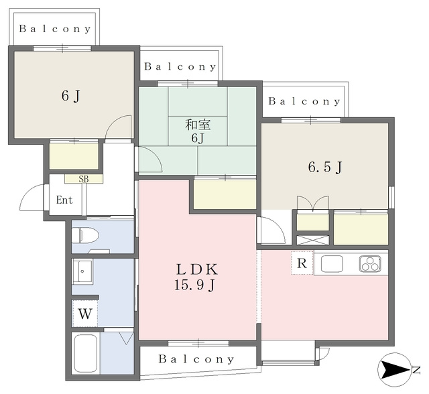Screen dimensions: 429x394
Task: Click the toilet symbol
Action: tap(86, 235)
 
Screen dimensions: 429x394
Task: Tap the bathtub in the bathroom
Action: tap(86, 354)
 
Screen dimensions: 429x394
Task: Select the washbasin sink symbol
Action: tap(82, 271)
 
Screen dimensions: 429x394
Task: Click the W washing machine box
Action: tap(85, 314)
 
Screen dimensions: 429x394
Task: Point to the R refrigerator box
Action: tap(302, 263)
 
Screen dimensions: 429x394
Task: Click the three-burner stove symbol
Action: tap(370, 264)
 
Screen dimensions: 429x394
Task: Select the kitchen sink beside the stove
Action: tap(332, 264)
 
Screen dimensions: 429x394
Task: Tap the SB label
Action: tap(84, 179)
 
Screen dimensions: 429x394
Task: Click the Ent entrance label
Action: tap(64, 200)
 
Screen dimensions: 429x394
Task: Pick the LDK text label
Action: tap(197, 269)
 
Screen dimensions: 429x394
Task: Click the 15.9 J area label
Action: tap(194, 285)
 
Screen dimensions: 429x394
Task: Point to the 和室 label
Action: tap(198, 125)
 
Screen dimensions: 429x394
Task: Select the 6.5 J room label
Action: tap(325, 167)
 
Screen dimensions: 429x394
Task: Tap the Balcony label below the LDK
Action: tap(196, 359)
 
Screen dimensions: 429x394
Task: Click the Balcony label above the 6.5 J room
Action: tap(304, 101)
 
